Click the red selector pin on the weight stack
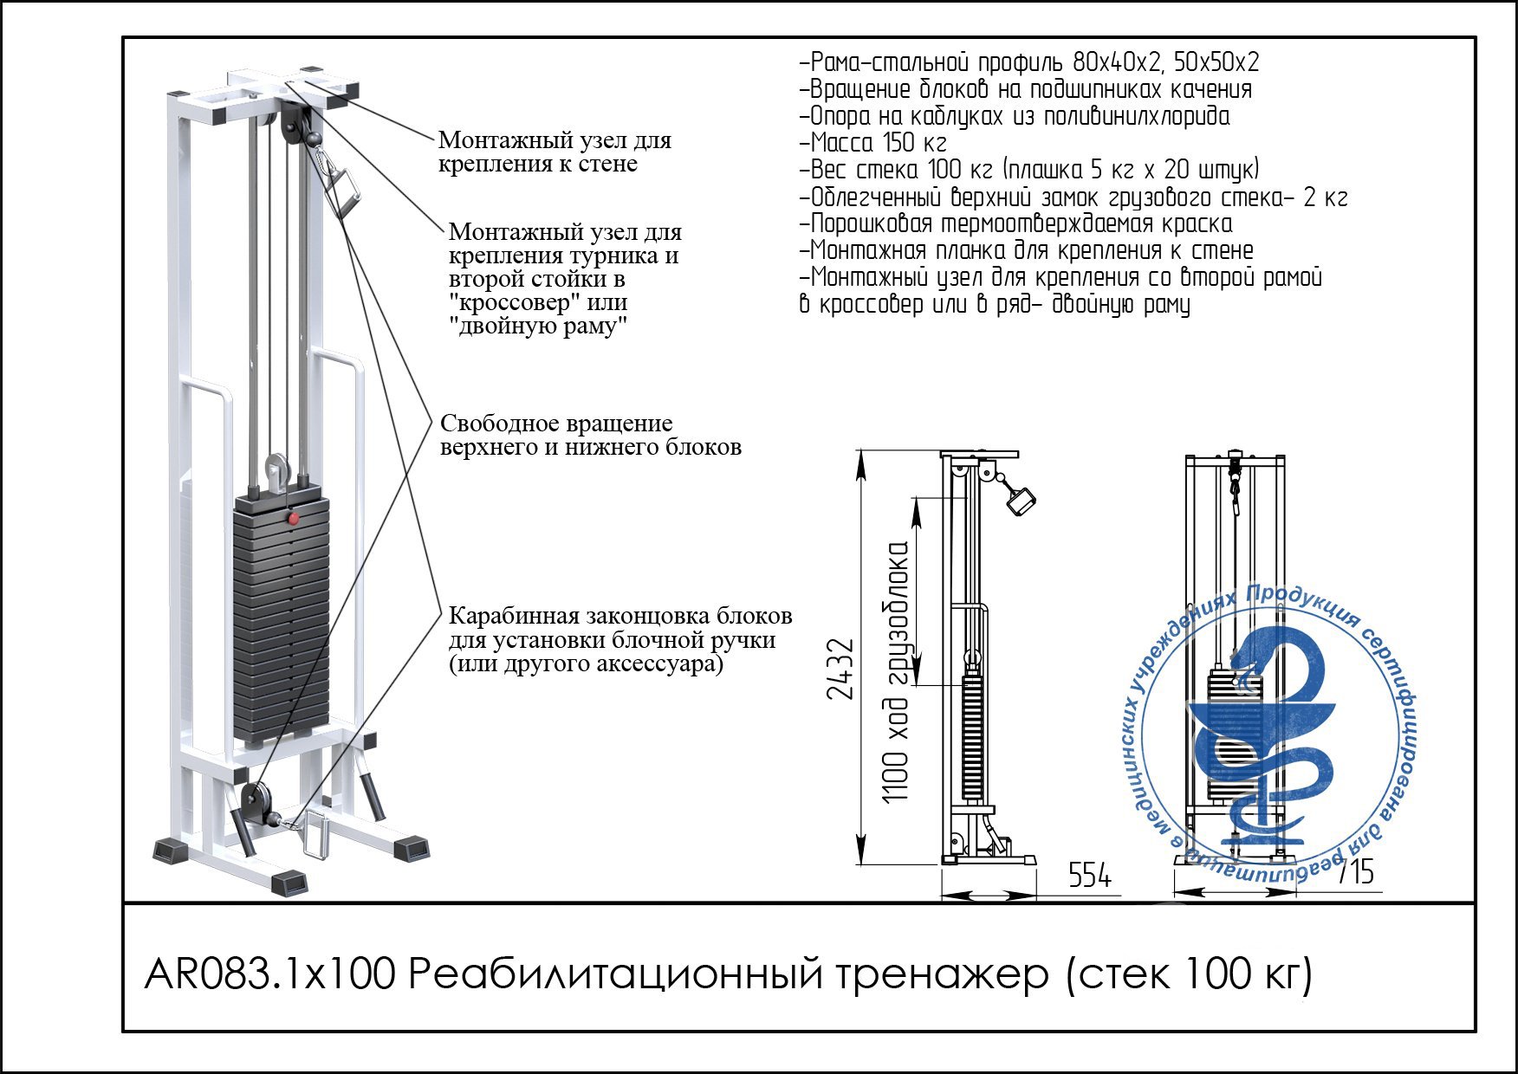pos(294,519)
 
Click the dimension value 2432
pos(840,669)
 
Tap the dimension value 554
pos(1089,876)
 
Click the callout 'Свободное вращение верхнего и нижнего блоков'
pos(589,435)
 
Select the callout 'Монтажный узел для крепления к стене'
pos(555,152)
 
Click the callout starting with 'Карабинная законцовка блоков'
pos(619,640)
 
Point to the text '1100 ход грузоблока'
pos(898,671)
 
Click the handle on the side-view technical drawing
pos(1021,501)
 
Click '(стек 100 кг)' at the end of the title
pos(1187,975)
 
